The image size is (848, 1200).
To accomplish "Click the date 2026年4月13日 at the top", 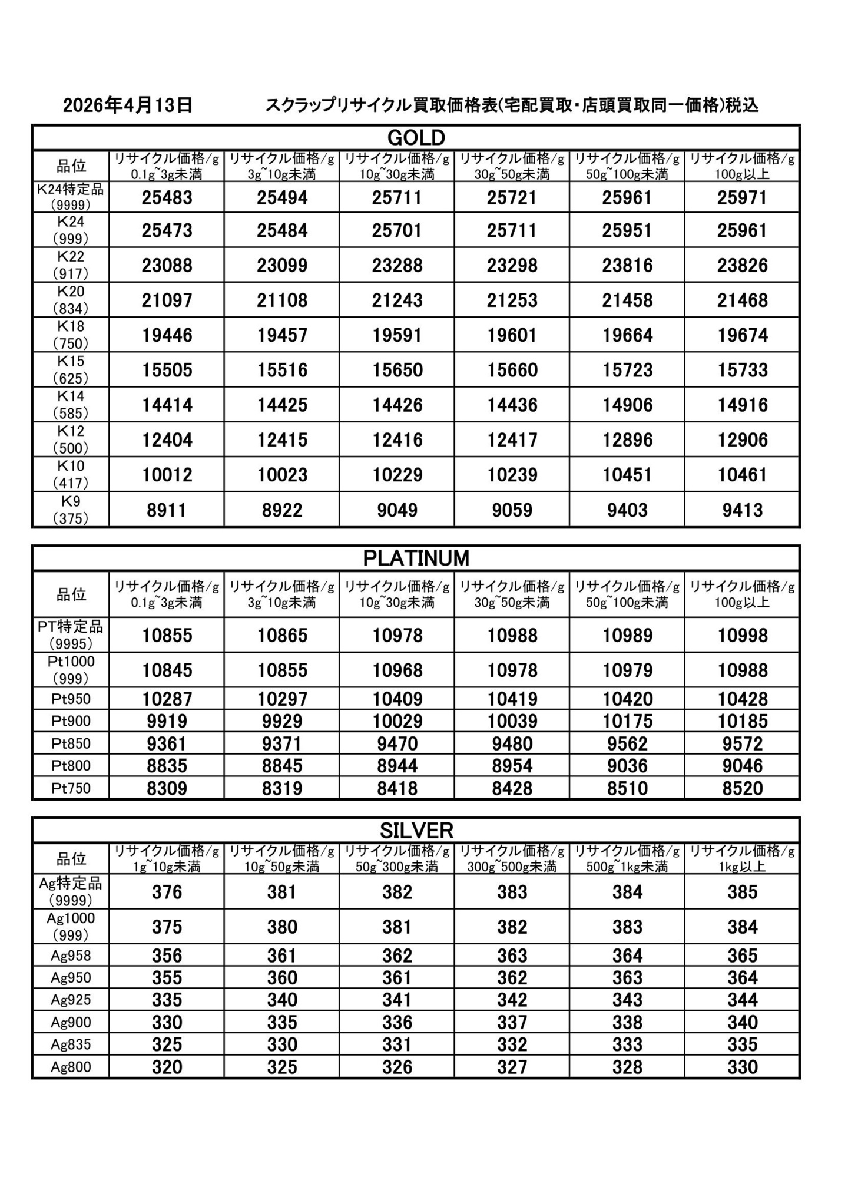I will coord(128,105).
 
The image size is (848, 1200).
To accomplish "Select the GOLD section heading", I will coord(416,138).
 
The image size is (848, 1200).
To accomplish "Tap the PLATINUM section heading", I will coord(416,558).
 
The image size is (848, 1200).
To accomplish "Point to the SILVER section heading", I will coord(416,831).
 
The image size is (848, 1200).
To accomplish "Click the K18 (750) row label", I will coord(71,335).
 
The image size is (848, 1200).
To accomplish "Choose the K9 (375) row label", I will coord(71,510).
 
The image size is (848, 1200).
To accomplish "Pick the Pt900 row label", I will coord(71,721).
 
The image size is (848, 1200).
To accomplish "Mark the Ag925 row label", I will coord(71,1000).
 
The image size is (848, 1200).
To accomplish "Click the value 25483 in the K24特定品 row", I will coord(167,198).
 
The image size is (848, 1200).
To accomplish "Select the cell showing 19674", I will coord(742,336).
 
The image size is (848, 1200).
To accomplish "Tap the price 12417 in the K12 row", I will coord(512,440).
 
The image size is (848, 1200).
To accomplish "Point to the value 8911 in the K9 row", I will coord(167,510).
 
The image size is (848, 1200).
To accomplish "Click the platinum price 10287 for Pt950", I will coord(167,699).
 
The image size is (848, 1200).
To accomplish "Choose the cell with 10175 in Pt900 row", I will coord(627,721).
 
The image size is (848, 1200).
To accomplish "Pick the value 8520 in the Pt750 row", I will coord(742,788).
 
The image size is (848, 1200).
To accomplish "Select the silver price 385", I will coord(742,892).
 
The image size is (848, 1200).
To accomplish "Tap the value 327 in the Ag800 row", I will coord(512,1067).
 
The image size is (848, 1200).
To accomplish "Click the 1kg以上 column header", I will coord(742,859).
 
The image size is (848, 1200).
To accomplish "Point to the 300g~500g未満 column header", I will coord(512,859).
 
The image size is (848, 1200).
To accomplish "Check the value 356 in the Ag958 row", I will coord(167,956).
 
